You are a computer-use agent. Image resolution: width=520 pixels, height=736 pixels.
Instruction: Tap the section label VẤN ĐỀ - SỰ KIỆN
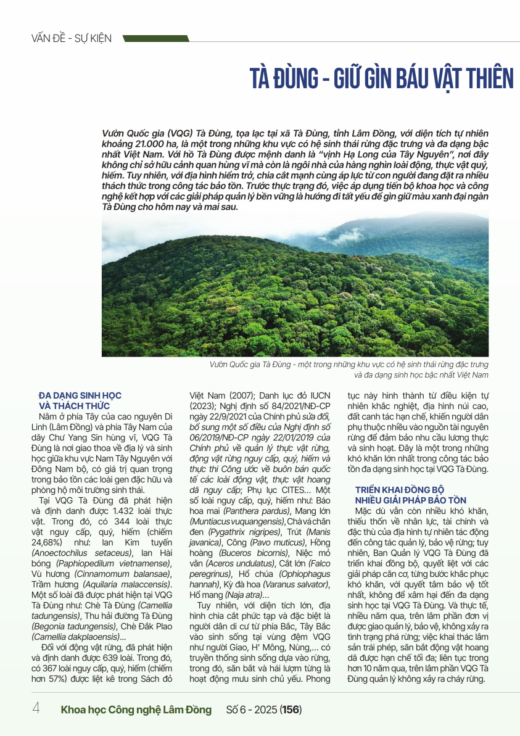click(71, 38)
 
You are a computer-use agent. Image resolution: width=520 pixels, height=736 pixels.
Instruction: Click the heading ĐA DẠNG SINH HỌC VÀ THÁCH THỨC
click(80, 400)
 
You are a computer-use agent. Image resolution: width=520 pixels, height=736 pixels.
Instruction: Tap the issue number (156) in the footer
click(291, 709)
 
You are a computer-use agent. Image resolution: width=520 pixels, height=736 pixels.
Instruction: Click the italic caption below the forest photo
click(349, 370)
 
